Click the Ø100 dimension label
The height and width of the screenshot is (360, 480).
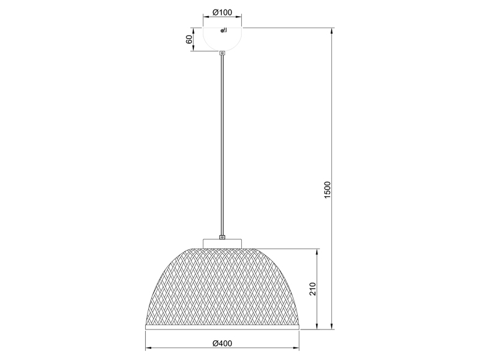(x=222, y=12)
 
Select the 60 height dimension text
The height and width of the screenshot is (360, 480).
(x=189, y=39)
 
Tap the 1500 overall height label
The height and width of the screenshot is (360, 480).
(x=327, y=190)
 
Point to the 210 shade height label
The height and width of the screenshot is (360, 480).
(x=313, y=289)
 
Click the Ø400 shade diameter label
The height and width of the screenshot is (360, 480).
(x=222, y=343)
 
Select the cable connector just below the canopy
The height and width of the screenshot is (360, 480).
(x=222, y=53)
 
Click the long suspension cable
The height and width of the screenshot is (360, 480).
(x=222, y=145)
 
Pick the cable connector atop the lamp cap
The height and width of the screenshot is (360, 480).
(x=222, y=236)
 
